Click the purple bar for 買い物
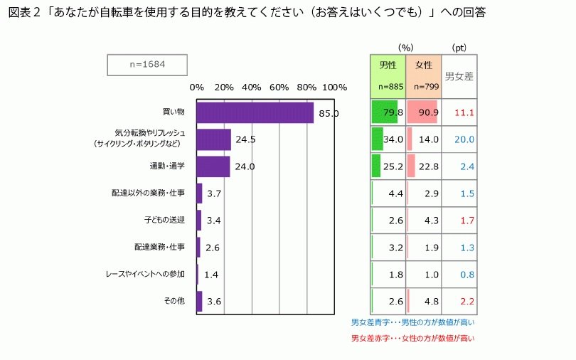255,112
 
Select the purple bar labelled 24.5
213,139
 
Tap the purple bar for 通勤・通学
213,166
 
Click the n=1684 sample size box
148,65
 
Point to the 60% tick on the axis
279,88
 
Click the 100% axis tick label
334,88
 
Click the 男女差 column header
459,75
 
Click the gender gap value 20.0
464,139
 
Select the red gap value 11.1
464,112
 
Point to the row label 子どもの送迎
164,220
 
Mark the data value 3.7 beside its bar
215,194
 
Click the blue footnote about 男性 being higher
412,323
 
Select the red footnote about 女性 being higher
412,339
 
